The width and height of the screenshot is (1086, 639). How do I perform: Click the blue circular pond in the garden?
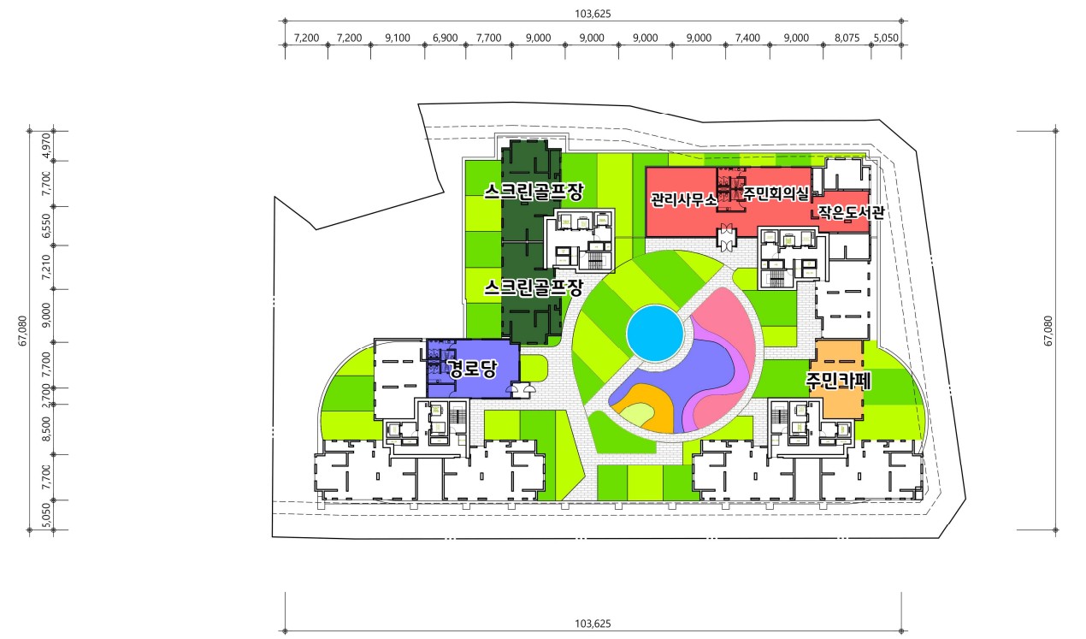point(655,333)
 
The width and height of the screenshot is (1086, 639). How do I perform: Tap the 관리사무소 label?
point(683,199)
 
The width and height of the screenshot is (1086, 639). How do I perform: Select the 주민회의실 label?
point(776,194)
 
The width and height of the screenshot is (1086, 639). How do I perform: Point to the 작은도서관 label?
point(852,212)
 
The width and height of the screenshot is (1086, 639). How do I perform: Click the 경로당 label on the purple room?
point(473,369)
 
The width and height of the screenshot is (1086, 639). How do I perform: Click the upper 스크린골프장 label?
point(534,192)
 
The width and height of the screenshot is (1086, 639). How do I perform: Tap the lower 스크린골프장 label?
point(534,287)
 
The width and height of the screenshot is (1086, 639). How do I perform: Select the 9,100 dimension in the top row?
point(398,38)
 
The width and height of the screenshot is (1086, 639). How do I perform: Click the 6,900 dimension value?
point(445,38)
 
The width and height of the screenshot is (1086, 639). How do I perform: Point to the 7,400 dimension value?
point(747,38)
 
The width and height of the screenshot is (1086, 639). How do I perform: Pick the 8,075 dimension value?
point(847,38)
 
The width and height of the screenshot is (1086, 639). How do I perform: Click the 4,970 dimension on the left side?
point(46,145)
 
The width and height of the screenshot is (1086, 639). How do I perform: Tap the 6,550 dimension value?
point(46,226)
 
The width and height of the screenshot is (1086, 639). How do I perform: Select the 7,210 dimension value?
point(46,267)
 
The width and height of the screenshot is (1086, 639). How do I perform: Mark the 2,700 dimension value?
point(46,395)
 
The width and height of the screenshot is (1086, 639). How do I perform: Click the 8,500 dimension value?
point(46,429)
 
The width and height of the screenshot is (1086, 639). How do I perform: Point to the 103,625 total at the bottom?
point(593,624)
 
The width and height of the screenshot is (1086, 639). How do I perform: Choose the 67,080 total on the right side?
point(1048,331)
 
